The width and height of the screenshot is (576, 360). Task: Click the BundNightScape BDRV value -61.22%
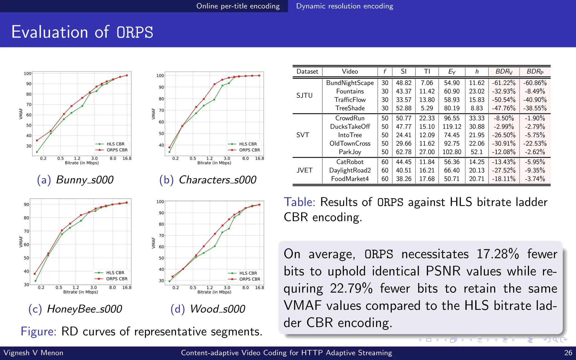point(503,83)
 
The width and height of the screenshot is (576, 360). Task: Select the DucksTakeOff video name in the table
point(350,127)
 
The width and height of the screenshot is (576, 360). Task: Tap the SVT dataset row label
point(303,135)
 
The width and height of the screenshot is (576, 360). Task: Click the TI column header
point(427,71)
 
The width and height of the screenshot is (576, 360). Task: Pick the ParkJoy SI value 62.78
point(404,152)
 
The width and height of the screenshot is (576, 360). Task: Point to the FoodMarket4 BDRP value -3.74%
point(535,179)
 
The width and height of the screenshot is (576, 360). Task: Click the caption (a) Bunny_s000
point(75,180)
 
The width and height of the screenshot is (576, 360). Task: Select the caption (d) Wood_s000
point(208,309)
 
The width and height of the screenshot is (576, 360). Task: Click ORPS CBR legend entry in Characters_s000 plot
point(249,150)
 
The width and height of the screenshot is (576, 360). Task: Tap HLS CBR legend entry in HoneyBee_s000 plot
point(115,273)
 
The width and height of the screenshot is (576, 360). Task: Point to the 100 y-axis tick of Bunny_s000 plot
point(28,73)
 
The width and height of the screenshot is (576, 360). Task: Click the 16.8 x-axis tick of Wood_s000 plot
point(259,287)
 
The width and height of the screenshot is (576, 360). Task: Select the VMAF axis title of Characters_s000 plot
point(154,114)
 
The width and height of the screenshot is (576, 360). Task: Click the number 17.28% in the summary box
point(498,254)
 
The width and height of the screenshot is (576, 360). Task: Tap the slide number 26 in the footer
point(568,353)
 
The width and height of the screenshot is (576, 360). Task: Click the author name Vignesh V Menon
point(33,353)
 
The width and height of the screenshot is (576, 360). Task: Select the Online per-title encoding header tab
point(238,6)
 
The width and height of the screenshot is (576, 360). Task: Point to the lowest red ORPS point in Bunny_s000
point(37,140)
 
